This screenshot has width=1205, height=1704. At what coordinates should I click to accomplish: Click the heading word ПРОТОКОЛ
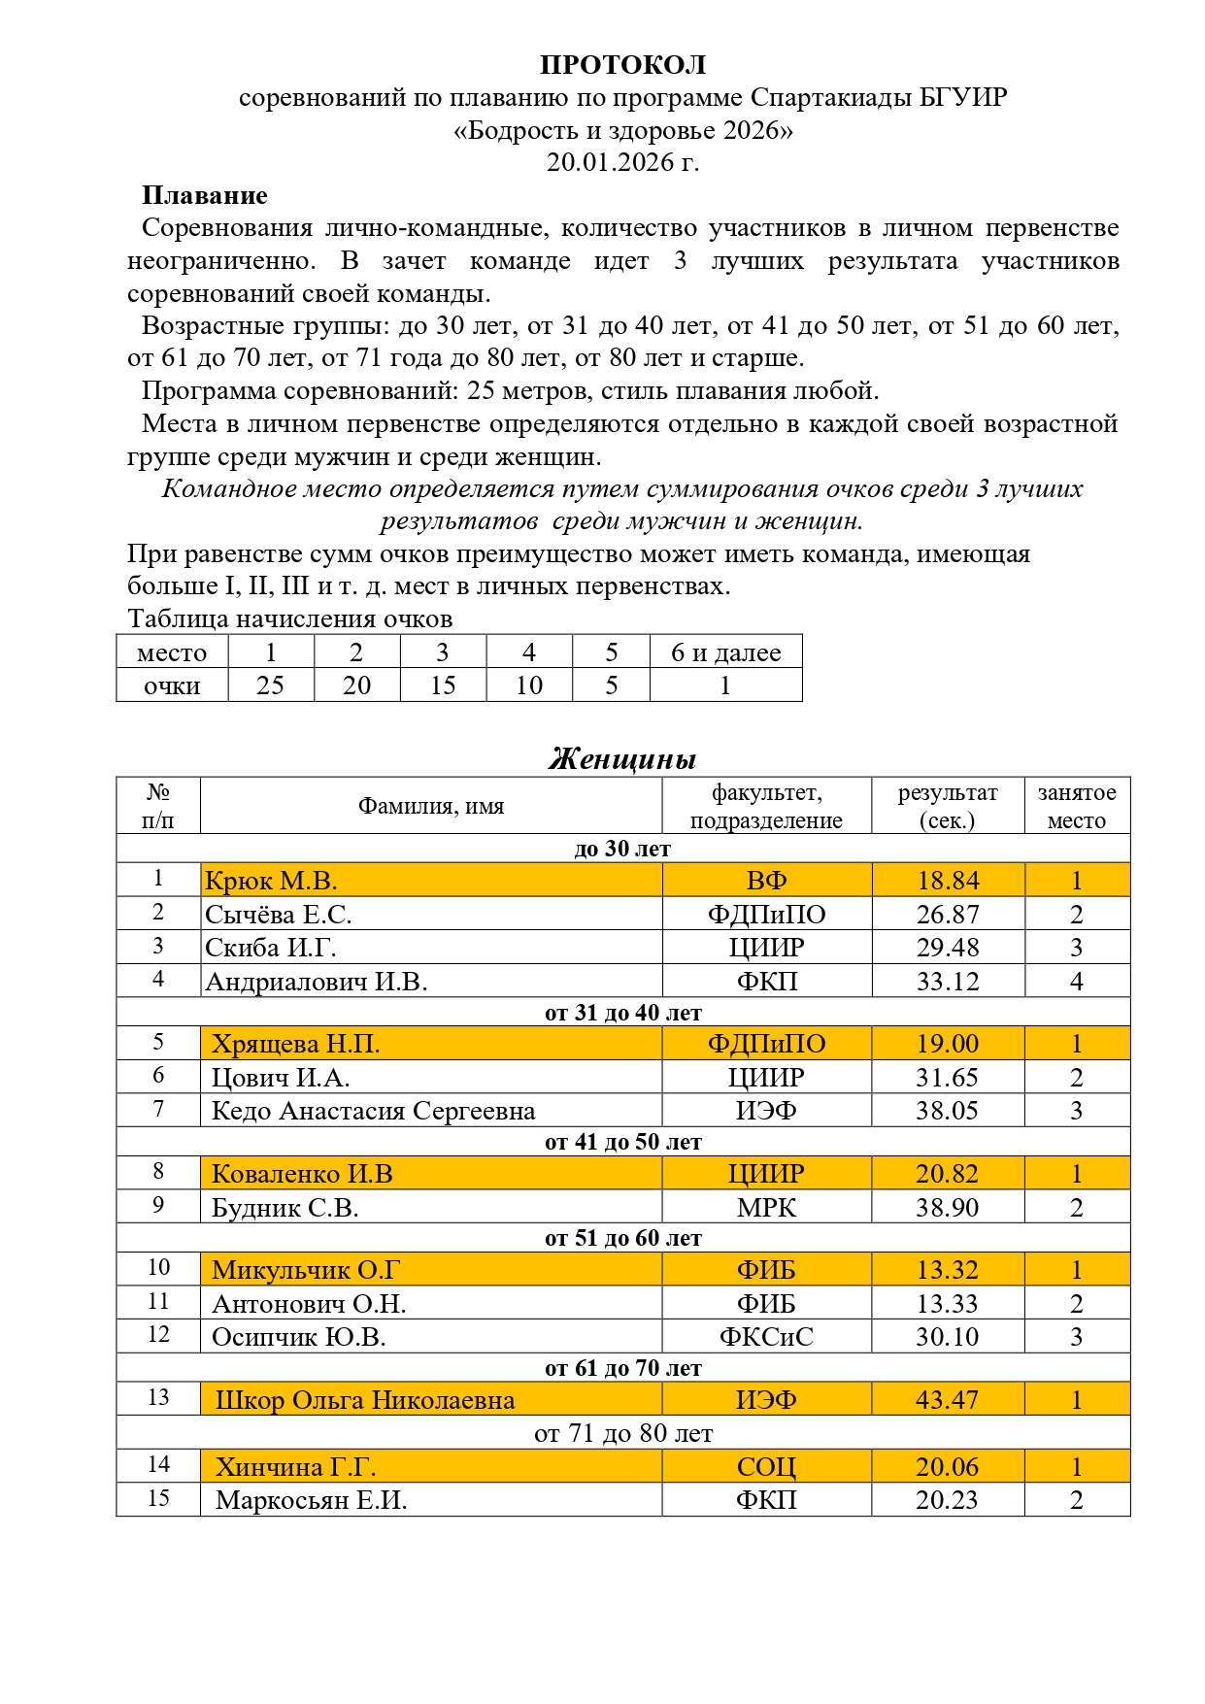coord(622,65)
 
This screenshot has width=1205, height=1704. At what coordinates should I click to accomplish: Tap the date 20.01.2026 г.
coord(622,162)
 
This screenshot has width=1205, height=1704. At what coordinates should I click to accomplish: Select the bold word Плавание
coord(204,195)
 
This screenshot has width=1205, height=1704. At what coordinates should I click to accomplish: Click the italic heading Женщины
coord(622,758)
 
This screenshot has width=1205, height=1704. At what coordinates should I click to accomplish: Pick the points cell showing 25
coord(270,685)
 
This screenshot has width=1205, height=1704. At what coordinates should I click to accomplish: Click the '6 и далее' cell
coord(725,652)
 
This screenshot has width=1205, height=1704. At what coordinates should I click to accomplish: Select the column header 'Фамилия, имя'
coord(430,806)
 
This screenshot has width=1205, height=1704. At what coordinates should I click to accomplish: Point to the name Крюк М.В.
coord(271,881)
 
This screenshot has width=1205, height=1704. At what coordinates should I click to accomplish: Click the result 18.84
coord(948,881)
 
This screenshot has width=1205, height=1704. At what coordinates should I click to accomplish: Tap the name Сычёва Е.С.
coord(279,914)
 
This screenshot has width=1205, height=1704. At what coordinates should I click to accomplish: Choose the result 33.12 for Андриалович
coord(948,982)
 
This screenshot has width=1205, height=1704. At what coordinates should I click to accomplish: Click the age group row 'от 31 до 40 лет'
coord(622,1013)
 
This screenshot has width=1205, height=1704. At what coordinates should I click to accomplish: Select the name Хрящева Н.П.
coord(295,1044)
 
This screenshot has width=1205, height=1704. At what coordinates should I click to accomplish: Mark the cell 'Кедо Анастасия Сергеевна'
coord(373,1111)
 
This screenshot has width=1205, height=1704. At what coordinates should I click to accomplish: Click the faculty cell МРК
coord(766,1208)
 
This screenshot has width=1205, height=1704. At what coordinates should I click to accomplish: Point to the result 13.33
coord(948,1304)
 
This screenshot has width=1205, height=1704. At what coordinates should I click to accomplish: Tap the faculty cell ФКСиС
coord(766,1337)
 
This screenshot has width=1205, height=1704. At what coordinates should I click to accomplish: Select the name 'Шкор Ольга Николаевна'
coord(365,1400)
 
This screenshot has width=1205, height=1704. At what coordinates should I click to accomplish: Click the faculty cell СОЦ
coord(766,1467)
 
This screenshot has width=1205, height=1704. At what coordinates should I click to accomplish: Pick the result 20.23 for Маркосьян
coord(948,1500)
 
